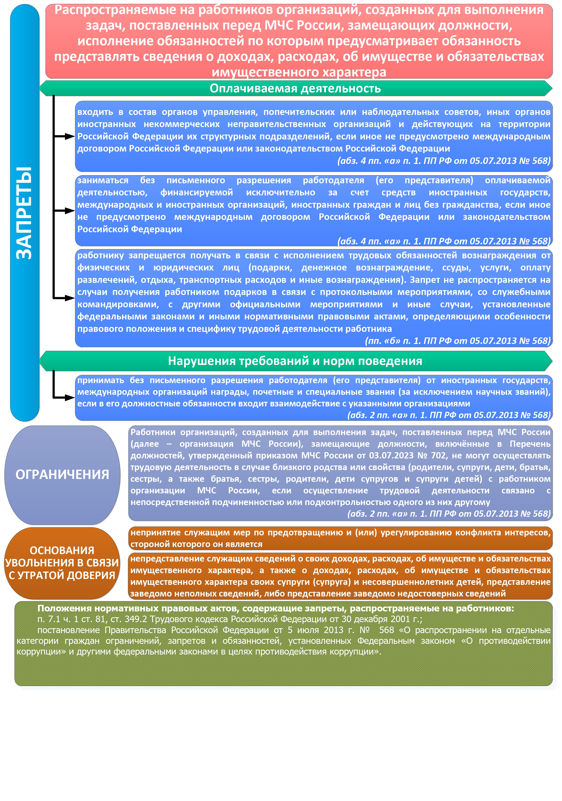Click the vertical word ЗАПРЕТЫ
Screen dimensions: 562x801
point(24,213)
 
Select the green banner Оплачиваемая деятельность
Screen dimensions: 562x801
point(296,88)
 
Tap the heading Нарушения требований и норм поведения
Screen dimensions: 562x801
point(295,361)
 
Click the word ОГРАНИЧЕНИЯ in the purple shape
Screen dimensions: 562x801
point(62,475)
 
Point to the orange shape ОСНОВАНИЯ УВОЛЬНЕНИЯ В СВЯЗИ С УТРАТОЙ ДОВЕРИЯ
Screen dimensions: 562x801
point(62,563)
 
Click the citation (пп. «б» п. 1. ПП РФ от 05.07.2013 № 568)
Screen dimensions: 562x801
point(458,341)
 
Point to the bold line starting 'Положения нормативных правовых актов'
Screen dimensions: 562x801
point(276,608)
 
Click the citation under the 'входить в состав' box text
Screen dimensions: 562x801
point(444,161)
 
